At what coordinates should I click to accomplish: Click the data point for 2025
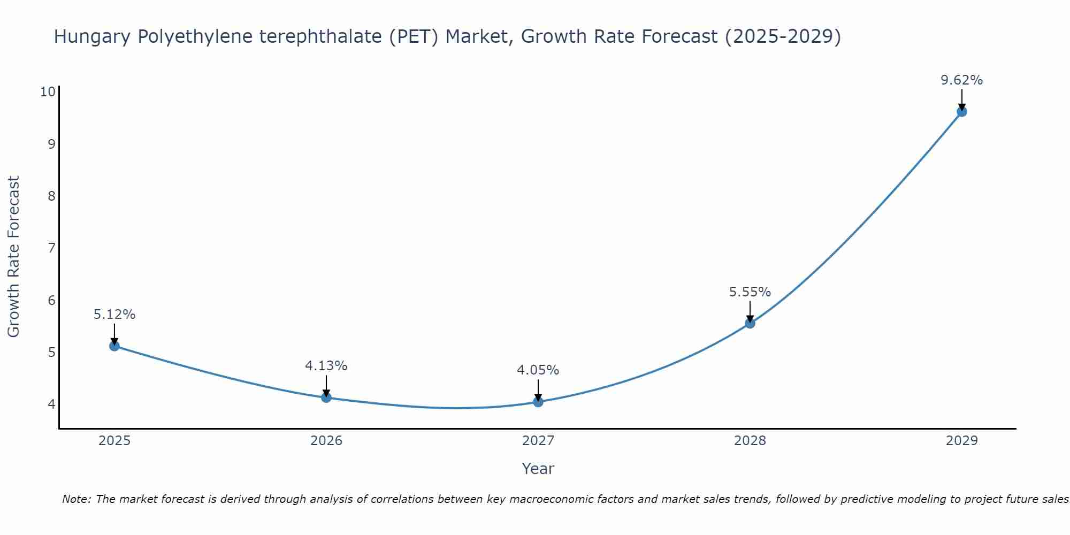114,346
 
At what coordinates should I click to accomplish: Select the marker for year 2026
326,398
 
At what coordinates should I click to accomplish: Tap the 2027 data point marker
538,402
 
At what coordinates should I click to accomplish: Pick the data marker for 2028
750,323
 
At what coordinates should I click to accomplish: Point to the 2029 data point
961,111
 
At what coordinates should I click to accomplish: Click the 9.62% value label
961,80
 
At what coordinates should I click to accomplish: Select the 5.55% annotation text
750,292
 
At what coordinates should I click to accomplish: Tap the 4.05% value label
538,370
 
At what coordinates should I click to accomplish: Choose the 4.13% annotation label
326,366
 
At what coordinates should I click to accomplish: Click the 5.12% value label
114,315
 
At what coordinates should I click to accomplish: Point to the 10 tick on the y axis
48,91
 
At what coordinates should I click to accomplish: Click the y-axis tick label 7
51,248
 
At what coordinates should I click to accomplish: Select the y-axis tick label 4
51,404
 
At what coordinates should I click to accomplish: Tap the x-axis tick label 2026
326,441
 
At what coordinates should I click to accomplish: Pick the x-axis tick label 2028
750,441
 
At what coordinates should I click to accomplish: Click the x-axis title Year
538,469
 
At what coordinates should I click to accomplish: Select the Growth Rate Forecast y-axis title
13,257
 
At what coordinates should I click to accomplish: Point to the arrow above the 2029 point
961,99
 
